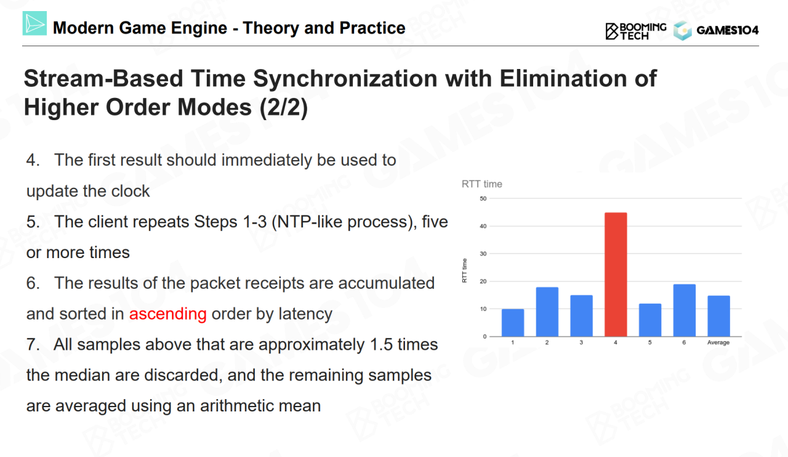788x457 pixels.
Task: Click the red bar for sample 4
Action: click(x=616, y=275)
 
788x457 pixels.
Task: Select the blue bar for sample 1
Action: click(x=513, y=323)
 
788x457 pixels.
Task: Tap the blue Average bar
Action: click(x=718, y=316)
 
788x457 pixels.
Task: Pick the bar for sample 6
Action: click(x=685, y=310)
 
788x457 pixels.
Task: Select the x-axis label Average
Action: click(x=718, y=342)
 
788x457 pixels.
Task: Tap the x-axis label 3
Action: click(x=581, y=342)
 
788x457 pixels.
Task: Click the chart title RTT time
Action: click(x=482, y=184)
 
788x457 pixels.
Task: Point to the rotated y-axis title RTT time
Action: click(x=465, y=271)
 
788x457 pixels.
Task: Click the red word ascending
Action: click(x=167, y=313)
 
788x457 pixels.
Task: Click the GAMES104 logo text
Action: click(x=727, y=30)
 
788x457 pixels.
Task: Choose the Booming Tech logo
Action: click(x=636, y=30)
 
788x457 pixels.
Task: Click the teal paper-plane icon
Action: click(x=34, y=23)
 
